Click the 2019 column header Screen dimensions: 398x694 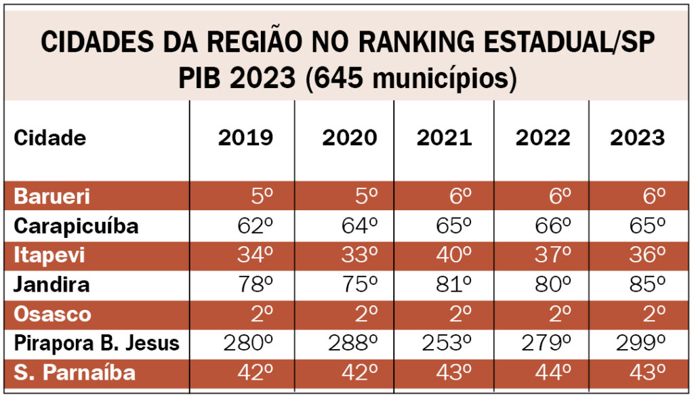point(245,138)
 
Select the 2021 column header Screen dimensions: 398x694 point(444,138)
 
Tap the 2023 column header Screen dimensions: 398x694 point(637,138)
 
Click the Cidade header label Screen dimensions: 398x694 point(50,138)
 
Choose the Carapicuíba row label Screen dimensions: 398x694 point(76,226)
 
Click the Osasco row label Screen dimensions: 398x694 point(52,314)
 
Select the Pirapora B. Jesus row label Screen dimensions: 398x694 point(97,343)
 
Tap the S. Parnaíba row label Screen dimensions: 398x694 point(75,372)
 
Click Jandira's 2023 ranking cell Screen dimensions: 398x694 point(647,284)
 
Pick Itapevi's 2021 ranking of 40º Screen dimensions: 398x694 point(453,255)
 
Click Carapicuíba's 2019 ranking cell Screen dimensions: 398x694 point(255,226)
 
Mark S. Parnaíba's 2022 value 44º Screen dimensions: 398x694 point(552,372)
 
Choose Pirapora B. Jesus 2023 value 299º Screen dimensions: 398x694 point(640,343)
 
